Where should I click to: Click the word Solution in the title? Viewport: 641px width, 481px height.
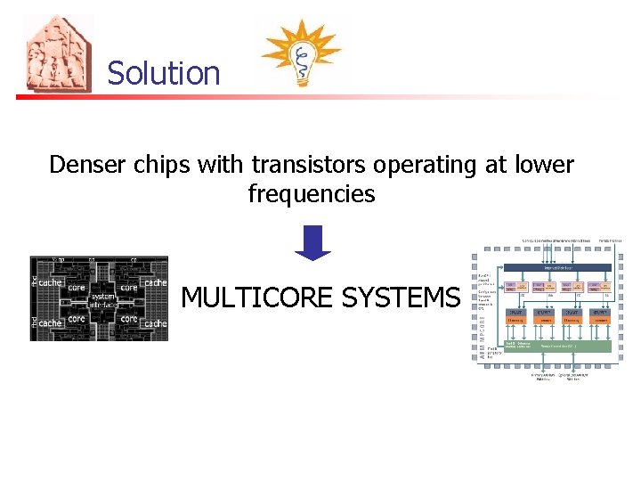coord(163,73)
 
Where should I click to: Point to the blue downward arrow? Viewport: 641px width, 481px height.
coord(312,242)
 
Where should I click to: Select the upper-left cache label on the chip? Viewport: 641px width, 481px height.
coord(50,282)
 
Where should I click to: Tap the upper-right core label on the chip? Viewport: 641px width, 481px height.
coord(130,288)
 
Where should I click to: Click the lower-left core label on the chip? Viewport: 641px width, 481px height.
coord(77,318)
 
